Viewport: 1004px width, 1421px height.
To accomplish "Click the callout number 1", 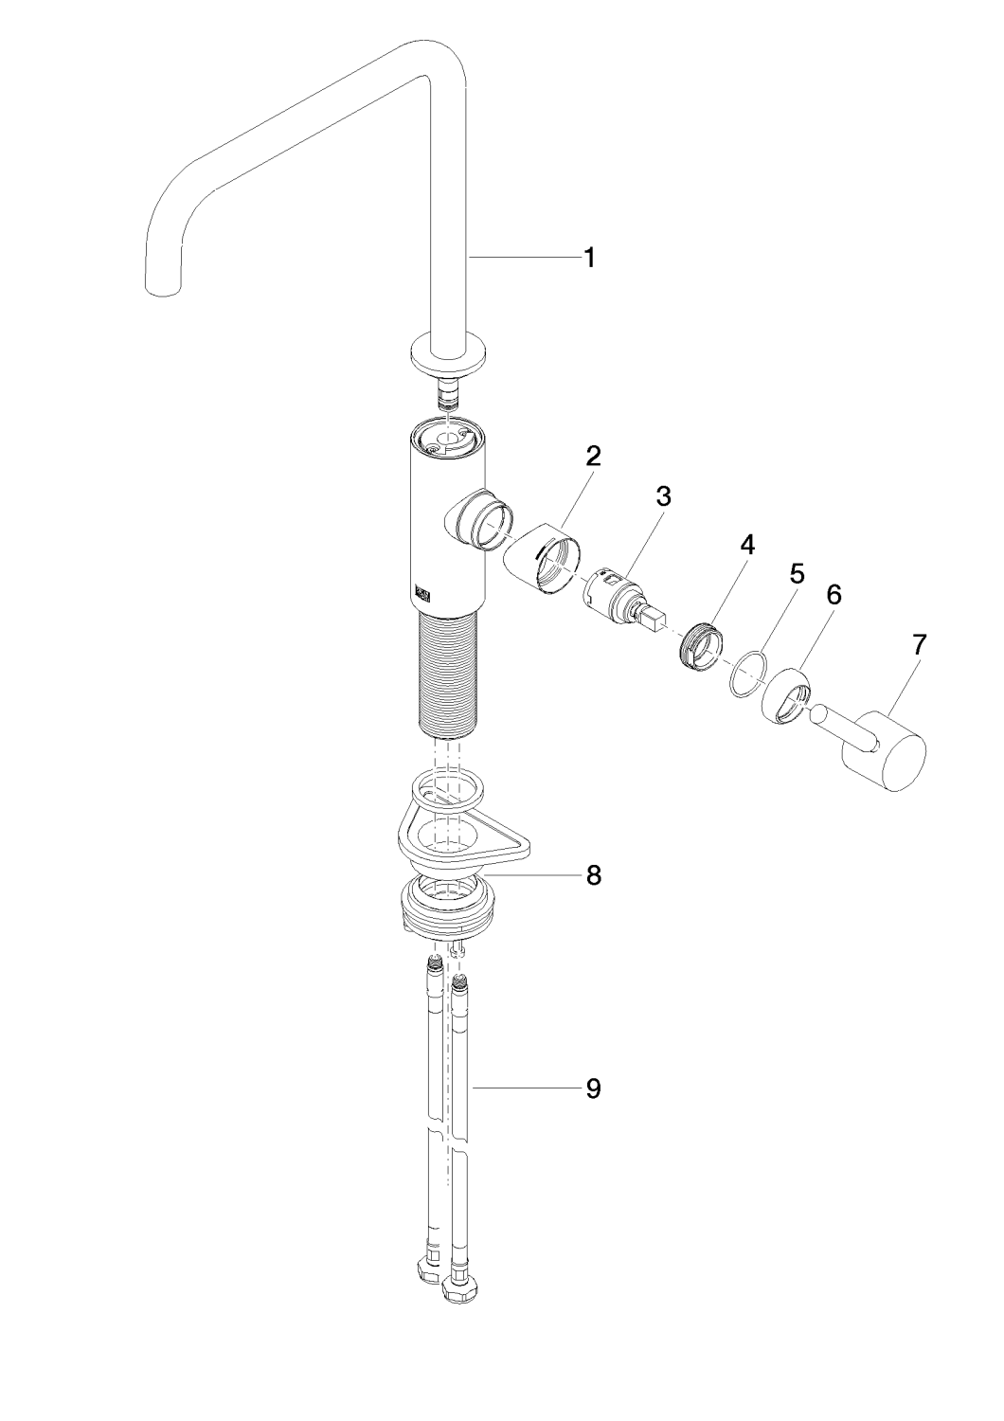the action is coord(589,259).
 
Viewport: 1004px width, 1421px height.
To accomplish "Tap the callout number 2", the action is coord(592,456).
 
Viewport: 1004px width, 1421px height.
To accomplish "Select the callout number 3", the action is coord(663,496).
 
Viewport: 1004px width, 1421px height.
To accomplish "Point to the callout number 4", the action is coord(748,545).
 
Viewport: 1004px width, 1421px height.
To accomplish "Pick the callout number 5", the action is coord(797,573).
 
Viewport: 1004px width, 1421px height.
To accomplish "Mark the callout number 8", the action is coord(592,875).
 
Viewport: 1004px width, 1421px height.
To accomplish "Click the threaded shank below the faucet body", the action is coord(450,675).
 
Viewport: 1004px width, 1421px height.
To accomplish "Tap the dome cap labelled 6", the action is coord(788,695).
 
